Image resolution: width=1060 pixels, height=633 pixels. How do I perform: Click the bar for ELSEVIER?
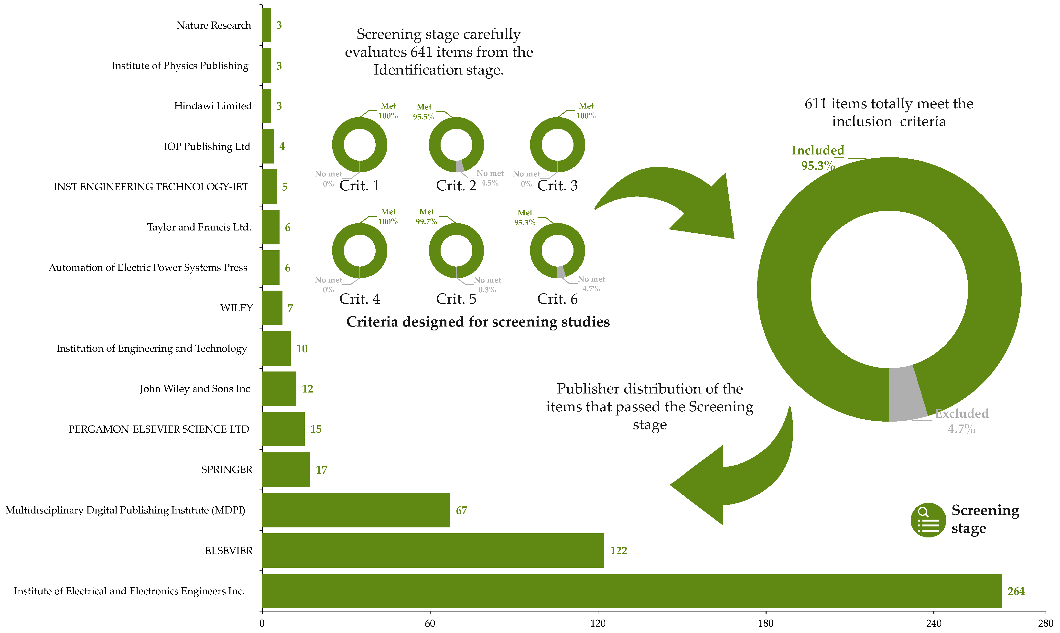click(x=433, y=550)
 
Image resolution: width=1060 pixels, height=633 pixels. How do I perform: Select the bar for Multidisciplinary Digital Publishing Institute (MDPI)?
click(x=356, y=510)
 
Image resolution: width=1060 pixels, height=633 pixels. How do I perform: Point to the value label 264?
click(x=1016, y=591)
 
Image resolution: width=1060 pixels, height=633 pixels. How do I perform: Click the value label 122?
click(x=618, y=551)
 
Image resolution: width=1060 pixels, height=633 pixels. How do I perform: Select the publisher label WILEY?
click(x=237, y=308)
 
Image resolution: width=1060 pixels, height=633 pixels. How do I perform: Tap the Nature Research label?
click(x=214, y=25)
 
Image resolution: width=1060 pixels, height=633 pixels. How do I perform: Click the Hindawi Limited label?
click(x=213, y=106)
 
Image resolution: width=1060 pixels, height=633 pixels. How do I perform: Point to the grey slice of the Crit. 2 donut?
click(x=460, y=166)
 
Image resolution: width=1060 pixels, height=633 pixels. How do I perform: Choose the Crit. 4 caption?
click(x=359, y=299)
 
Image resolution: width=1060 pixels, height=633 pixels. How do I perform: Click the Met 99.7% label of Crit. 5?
click(x=426, y=217)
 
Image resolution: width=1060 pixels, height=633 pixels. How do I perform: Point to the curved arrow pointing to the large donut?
click(x=674, y=200)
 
